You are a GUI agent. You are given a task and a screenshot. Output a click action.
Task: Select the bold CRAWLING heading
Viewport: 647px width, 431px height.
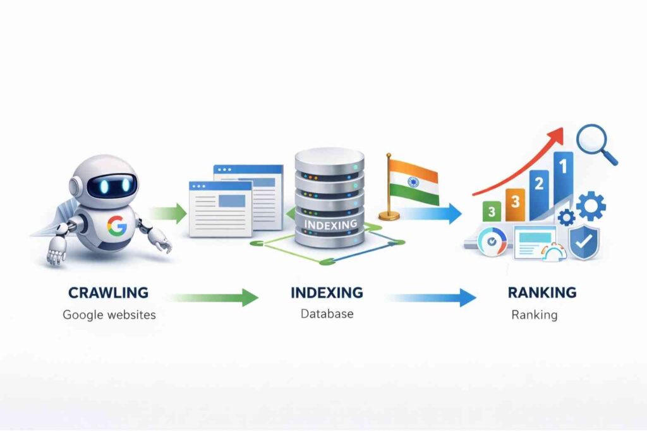tap(108, 293)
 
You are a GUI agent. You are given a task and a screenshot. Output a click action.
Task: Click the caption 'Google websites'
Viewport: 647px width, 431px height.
tap(109, 314)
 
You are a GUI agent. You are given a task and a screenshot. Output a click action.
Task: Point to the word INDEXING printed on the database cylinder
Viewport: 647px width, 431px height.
tap(330, 224)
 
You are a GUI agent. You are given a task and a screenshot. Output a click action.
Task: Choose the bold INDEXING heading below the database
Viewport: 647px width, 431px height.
tap(327, 293)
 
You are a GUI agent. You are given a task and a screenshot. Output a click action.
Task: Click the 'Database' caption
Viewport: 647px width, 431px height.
tap(327, 313)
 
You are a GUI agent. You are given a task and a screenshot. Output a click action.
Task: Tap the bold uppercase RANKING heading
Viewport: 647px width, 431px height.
tap(542, 293)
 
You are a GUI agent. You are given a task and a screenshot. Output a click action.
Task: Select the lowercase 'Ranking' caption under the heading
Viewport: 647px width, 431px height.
tap(534, 314)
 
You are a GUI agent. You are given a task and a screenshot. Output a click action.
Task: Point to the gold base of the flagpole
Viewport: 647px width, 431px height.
tap(389, 216)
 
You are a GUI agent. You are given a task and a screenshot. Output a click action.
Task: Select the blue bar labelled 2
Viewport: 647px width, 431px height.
tap(539, 192)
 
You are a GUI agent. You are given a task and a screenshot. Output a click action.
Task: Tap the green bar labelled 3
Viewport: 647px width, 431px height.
tap(491, 211)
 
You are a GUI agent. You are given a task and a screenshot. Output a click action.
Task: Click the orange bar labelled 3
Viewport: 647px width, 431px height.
tap(515, 203)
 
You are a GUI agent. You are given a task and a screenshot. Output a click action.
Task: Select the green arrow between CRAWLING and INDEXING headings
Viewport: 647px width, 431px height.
tap(214, 296)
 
